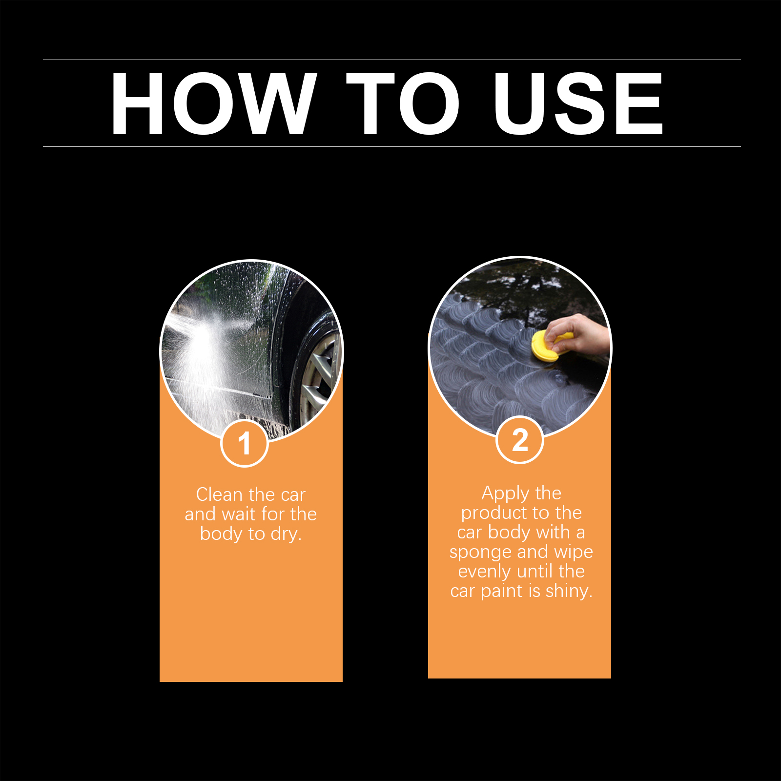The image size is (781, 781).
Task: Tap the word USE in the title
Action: tap(578, 103)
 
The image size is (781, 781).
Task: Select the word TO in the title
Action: tap(403, 103)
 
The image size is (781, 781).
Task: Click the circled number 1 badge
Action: tap(244, 443)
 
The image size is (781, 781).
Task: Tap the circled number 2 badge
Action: tap(520, 440)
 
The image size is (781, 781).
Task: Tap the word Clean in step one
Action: tap(219, 494)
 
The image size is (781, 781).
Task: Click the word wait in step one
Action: tap(239, 514)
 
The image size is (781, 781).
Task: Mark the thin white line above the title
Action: tap(392, 60)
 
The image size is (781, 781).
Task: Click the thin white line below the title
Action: tap(392, 146)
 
